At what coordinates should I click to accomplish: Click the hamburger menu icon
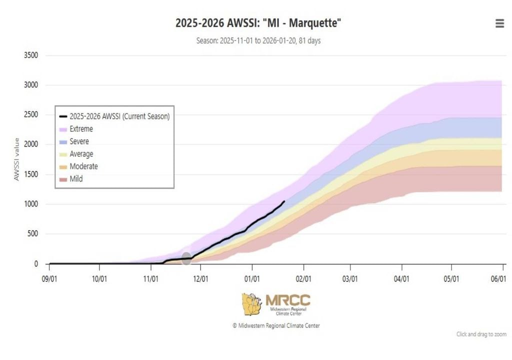pos(499,23)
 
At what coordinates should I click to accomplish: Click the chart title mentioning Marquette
pos(258,23)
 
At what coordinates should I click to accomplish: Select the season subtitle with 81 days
pos(258,40)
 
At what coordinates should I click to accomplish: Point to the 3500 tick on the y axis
pos(31,55)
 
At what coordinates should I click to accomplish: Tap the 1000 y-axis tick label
pos(31,204)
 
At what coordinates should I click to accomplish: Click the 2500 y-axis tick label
pos(31,115)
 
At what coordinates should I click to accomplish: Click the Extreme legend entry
pos(81,129)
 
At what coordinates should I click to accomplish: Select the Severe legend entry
pos(79,141)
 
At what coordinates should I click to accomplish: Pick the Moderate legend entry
pos(83,166)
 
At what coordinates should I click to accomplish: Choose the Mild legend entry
pos(76,178)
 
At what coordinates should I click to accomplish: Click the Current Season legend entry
pos(119,116)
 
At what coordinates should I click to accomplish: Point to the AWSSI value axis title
pos(16,159)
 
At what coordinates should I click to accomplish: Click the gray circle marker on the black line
pos(186,258)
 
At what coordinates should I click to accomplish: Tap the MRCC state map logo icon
pos(252,304)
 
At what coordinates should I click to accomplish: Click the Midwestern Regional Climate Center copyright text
pos(276,325)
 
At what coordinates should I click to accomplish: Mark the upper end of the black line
pos(284,201)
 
